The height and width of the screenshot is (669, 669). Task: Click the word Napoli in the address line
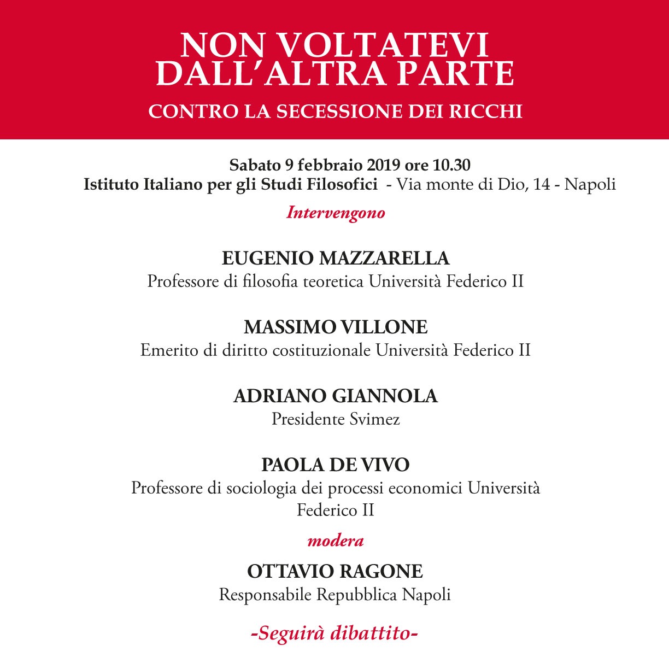590,185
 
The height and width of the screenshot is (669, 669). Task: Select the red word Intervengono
336,213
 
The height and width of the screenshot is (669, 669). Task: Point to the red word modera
336,541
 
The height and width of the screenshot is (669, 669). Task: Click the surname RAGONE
381,572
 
